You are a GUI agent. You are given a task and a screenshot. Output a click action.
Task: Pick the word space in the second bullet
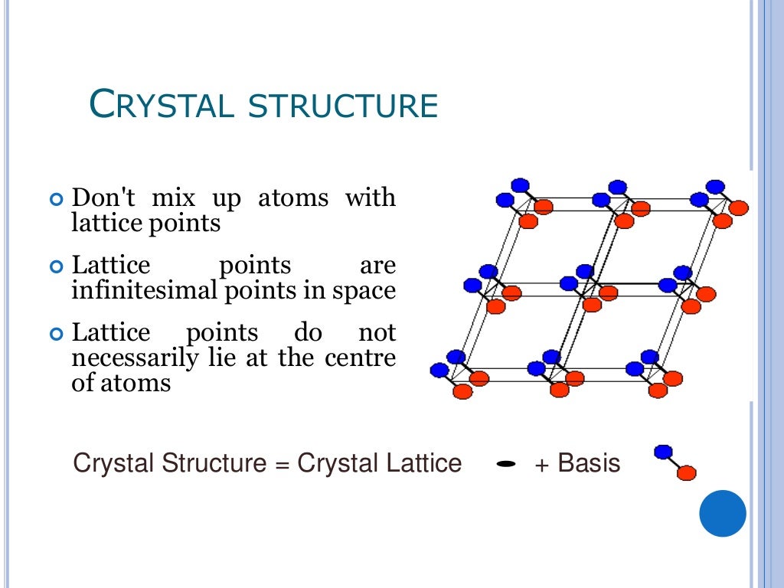click(365, 291)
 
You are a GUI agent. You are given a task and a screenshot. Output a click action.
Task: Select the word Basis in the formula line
click(589, 463)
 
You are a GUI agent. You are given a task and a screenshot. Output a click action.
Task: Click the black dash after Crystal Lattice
click(505, 464)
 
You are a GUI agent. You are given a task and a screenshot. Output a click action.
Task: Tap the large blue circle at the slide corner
click(723, 513)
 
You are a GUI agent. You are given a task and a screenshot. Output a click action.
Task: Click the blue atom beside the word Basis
click(663, 452)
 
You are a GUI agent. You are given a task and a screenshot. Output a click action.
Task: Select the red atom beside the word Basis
click(687, 472)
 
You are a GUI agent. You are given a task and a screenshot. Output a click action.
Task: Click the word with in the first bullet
click(370, 198)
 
